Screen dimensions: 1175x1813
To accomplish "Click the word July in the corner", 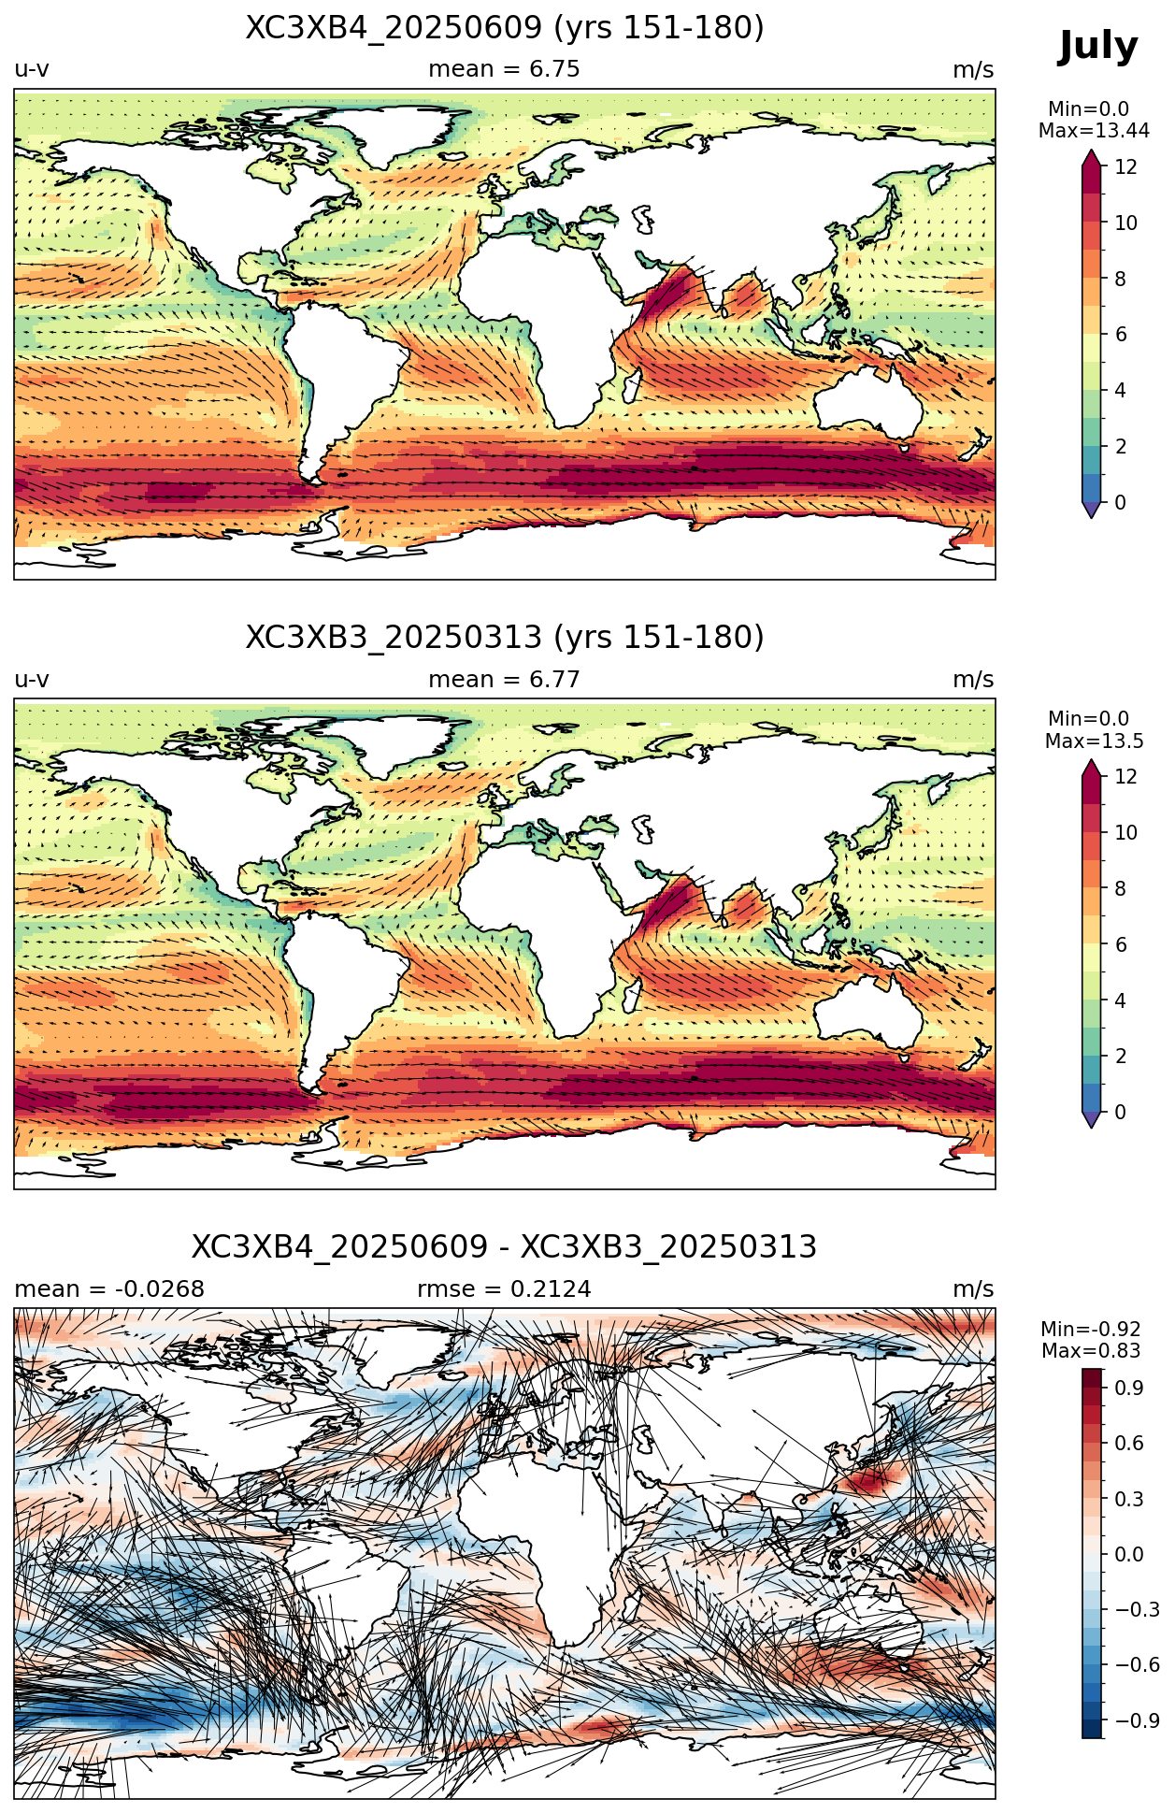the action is [x=1098, y=46].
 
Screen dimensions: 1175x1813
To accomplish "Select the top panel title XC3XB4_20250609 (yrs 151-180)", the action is [x=505, y=28].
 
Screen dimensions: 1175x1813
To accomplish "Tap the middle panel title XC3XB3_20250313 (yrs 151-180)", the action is [x=505, y=638].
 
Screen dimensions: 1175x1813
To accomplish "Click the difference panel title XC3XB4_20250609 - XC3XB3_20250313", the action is [x=505, y=1247].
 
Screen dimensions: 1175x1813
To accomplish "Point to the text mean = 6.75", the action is [x=505, y=69].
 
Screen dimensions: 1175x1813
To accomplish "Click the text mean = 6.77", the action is [x=505, y=679].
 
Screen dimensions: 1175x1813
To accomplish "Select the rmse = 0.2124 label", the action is [x=505, y=1288].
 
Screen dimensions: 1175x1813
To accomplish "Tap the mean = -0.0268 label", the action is [x=109, y=1288].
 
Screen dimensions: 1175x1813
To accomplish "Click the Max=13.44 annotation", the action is [x=1094, y=131].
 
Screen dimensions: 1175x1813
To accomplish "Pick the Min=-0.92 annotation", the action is [x=1091, y=1329].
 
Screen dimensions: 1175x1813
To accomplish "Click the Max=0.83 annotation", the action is [x=1091, y=1351].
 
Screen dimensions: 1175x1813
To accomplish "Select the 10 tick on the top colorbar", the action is [x=1125, y=223].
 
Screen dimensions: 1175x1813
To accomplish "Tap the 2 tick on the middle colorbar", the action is [x=1120, y=1056].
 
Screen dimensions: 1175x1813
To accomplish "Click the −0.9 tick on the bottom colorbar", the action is [x=1138, y=1720].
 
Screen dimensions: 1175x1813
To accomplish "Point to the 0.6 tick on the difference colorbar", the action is [x=1129, y=1443].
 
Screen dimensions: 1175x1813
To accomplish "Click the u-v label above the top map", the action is [x=32, y=69].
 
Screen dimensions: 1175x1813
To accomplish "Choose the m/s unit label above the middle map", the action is [x=973, y=679].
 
